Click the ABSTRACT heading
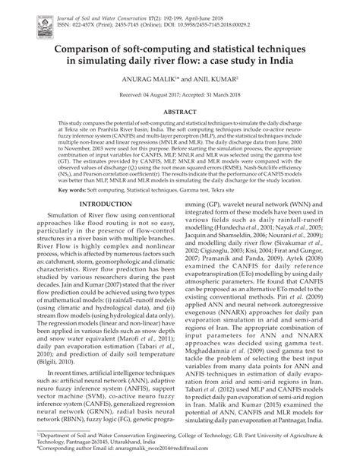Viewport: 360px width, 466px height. point(179,110)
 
